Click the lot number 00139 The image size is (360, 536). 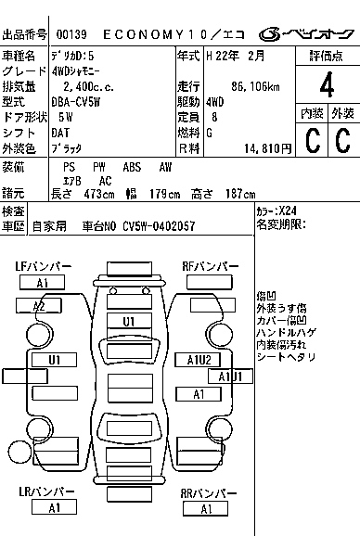[72, 34]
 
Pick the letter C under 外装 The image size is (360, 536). [342, 140]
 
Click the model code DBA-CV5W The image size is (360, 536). [79, 102]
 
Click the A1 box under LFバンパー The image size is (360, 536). [43, 283]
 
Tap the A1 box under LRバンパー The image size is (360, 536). [53, 507]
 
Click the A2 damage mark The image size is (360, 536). [39, 306]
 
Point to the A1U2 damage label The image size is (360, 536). [200, 360]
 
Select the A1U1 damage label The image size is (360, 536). [230, 376]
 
